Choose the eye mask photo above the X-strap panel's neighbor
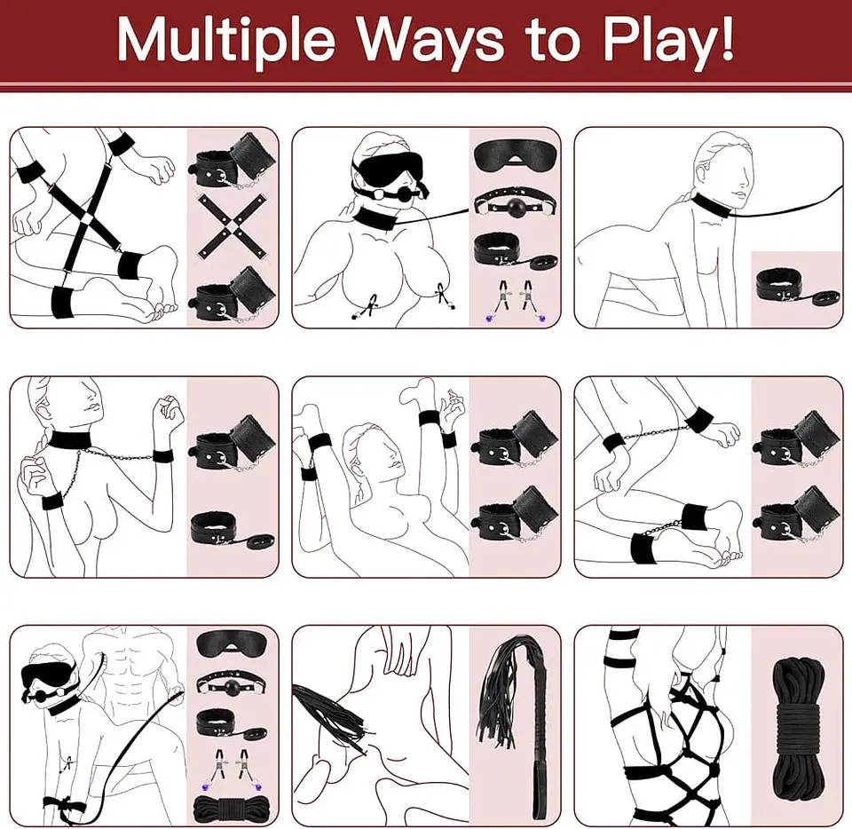(x=514, y=156)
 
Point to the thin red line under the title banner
(x=426, y=88)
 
